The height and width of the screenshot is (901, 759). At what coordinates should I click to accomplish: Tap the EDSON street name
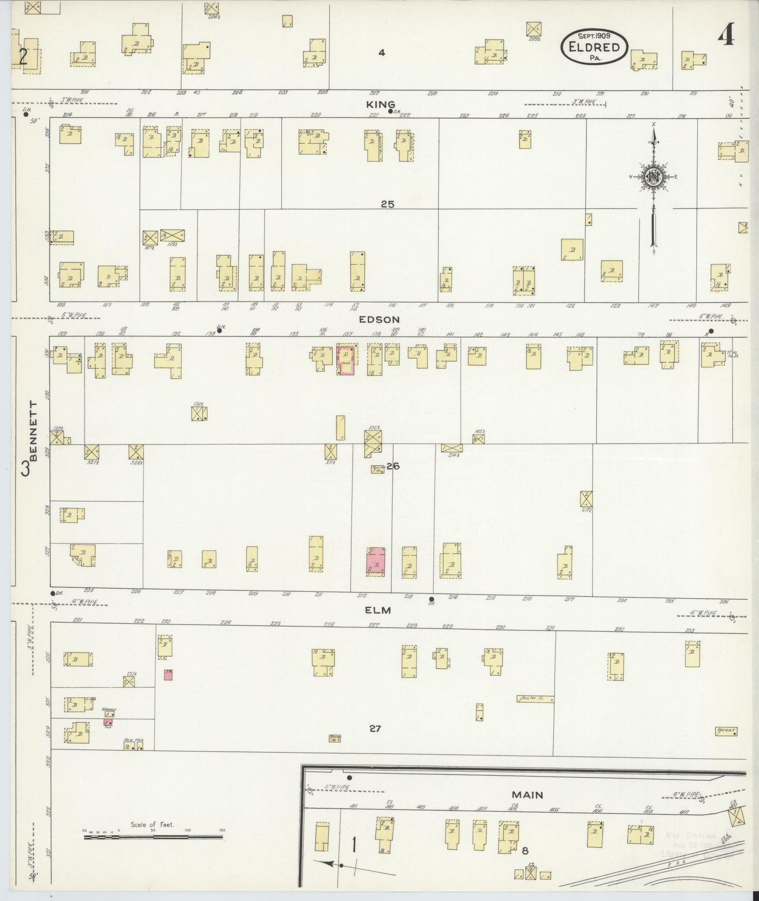(379, 319)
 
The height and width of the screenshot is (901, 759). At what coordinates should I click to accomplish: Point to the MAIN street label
(528, 795)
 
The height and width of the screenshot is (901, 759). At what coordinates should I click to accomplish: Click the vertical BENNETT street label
(33, 430)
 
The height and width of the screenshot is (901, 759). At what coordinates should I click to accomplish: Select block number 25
(387, 204)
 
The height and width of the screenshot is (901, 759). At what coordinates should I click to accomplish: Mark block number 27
(375, 729)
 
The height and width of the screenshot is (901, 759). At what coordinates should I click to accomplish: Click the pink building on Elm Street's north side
(376, 561)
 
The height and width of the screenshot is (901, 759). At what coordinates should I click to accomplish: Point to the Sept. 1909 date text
(594, 36)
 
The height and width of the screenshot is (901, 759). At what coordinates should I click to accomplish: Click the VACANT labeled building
(726, 731)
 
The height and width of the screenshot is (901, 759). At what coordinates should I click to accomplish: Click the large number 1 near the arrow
(355, 846)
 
